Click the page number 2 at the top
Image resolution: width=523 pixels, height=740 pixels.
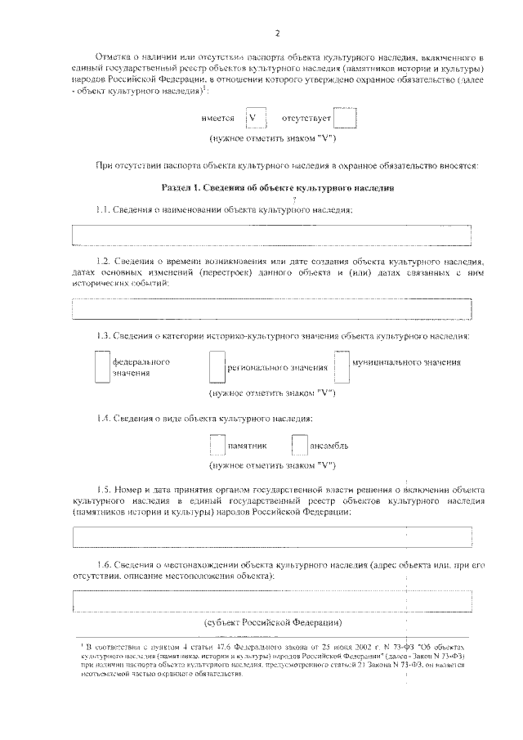(x=277, y=33)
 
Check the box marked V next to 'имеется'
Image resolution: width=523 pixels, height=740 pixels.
(x=257, y=119)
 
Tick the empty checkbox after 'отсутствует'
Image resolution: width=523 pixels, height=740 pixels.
(x=345, y=119)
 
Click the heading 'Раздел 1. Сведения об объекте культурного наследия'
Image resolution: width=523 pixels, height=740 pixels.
(x=278, y=188)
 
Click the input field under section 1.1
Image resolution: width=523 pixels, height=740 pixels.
(x=272, y=234)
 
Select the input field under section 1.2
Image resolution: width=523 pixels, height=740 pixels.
(x=272, y=309)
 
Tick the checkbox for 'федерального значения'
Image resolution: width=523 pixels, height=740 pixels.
(x=101, y=366)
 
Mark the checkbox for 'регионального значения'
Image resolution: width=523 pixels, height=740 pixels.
(x=217, y=366)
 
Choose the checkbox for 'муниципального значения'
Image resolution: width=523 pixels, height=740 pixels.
(x=342, y=366)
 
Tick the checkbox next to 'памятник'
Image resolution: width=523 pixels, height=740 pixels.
(x=217, y=446)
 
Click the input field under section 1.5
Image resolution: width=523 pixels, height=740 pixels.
(x=272, y=536)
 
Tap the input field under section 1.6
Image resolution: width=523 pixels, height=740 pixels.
(x=272, y=601)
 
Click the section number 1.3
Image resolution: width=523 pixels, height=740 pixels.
(x=103, y=336)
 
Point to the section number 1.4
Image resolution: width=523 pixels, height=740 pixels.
(x=103, y=419)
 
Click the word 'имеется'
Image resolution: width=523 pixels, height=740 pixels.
(x=217, y=119)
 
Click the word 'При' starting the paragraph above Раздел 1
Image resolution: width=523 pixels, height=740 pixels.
(x=103, y=166)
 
